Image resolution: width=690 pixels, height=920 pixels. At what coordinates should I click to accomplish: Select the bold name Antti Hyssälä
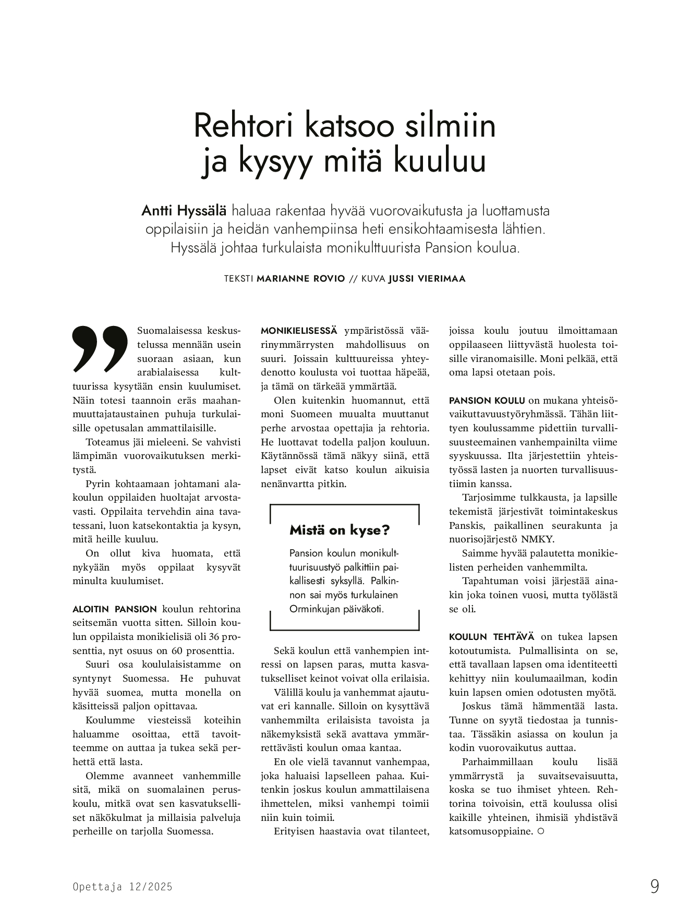pyautogui.click(x=184, y=211)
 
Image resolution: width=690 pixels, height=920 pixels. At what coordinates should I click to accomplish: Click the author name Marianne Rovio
pyautogui.click(x=301, y=279)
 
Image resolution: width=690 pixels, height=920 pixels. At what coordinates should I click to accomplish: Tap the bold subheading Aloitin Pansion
pyautogui.click(x=114, y=609)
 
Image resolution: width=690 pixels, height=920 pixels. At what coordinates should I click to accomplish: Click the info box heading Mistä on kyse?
pyautogui.click(x=340, y=530)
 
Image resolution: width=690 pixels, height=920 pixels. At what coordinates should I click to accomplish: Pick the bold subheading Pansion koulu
pyautogui.click(x=487, y=401)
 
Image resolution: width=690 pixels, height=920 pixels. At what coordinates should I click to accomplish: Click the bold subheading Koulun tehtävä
pyautogui.click(x=491, y=637)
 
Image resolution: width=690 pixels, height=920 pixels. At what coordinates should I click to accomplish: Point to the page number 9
pyautogui.click(x=655, y=887)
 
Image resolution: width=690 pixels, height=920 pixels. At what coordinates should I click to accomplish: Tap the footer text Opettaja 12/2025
pyautogui.click(x=123, y=887)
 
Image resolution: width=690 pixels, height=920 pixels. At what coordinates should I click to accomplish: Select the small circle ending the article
pyautogui.click(x=540, y=831)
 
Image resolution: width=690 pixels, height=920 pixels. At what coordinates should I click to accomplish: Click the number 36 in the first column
pyautogui.click(x=213, y=637)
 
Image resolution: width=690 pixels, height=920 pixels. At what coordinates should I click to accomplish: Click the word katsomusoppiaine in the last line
pyautogui.click(x=491, y=831)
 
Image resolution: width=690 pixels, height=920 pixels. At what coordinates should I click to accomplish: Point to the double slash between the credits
pyautogui.click(x=353, y=279)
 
